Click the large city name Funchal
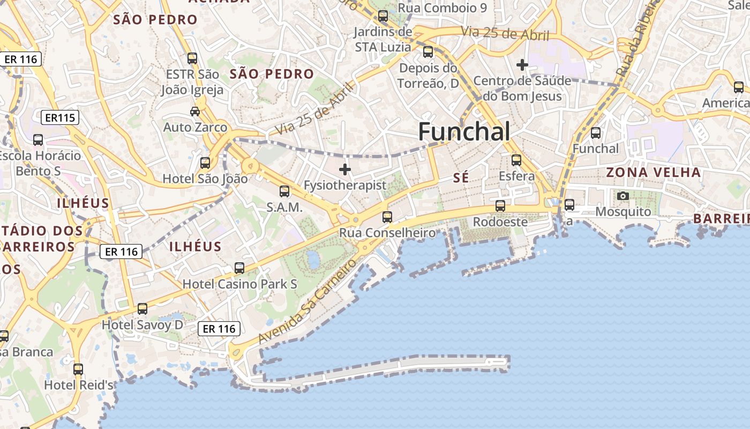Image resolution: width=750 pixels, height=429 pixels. [x=464, y=131]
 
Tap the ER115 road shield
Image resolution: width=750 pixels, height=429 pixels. [x=60, y=117]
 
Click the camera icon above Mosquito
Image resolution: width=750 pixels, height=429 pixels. [x=623, y=196]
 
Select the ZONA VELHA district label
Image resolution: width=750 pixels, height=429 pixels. [x=653, y=173]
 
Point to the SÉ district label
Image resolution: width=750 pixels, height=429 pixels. [x=461, y=178]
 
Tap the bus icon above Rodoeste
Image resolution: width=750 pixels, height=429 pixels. [x=500, y=206]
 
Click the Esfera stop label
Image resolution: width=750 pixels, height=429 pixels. [x=516, y=176]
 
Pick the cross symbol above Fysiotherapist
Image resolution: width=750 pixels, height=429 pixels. [x=345, y=170]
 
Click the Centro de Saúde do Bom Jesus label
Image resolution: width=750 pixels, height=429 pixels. [x=522, y=89]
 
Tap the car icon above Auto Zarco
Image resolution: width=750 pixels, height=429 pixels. [x=195, y=112]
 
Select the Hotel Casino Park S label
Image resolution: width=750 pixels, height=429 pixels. [x=240, y=284]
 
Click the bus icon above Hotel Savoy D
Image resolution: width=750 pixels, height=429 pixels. [x=142, y=309]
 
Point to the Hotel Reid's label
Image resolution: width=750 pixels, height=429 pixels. [x=79, y=385]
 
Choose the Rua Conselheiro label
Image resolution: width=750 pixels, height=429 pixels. [x=387, y=233]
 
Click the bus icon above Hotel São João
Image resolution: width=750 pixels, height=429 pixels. [x=205, y=163]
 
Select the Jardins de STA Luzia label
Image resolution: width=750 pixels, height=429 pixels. [x=383, y=40]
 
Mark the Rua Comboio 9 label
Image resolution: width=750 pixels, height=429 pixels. [x=442, y=8]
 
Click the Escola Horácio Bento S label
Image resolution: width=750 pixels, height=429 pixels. [x=40, y=163]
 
